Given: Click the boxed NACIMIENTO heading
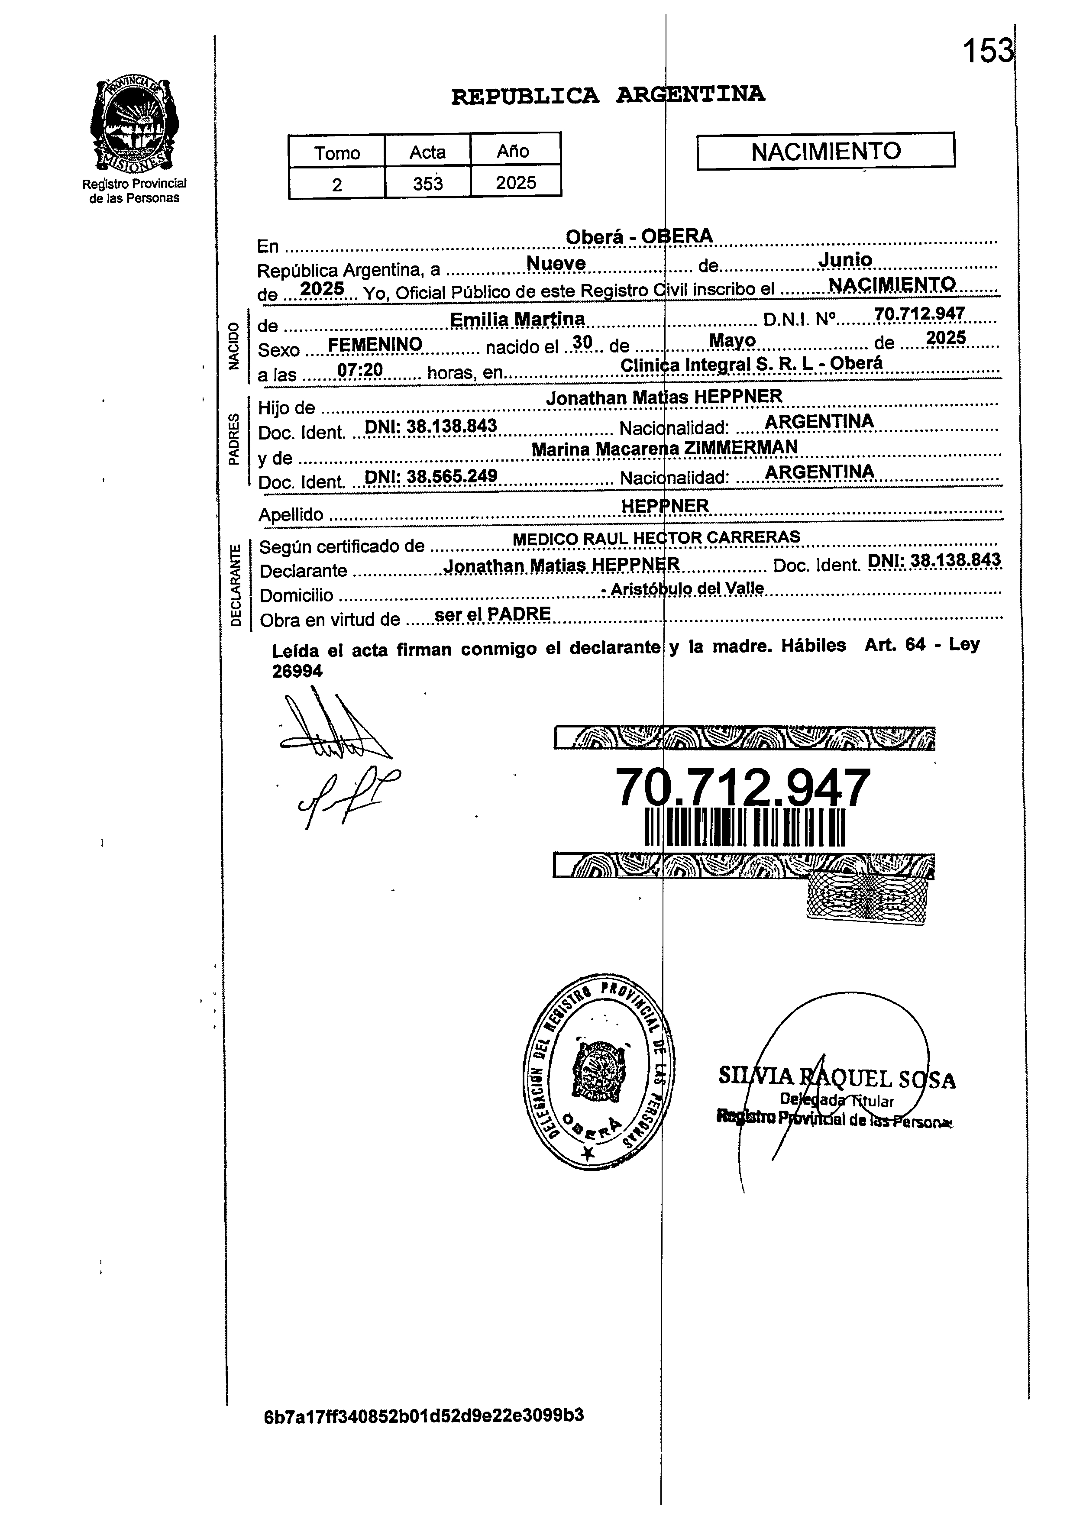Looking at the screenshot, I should pos(826,152).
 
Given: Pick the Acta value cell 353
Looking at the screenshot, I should pos(427,183).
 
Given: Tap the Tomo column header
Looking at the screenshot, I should pos(337,153).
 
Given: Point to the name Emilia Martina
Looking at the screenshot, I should pos(517,320).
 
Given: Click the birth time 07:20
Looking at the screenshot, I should pos(359,369).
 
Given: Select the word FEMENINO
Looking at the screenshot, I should pos(375,344).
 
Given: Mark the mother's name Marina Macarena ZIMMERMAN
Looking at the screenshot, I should pos(664,449).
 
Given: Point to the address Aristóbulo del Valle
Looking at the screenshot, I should pos(686,589).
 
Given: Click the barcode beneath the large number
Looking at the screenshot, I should pos(745,827).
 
